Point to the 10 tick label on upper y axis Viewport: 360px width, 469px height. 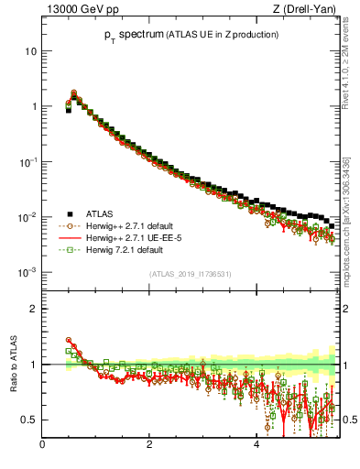(31, 51)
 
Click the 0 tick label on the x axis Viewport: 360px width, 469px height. (43, 446)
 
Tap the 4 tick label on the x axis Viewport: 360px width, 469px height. (256, 446)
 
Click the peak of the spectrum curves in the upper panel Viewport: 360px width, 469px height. (73, 93)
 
